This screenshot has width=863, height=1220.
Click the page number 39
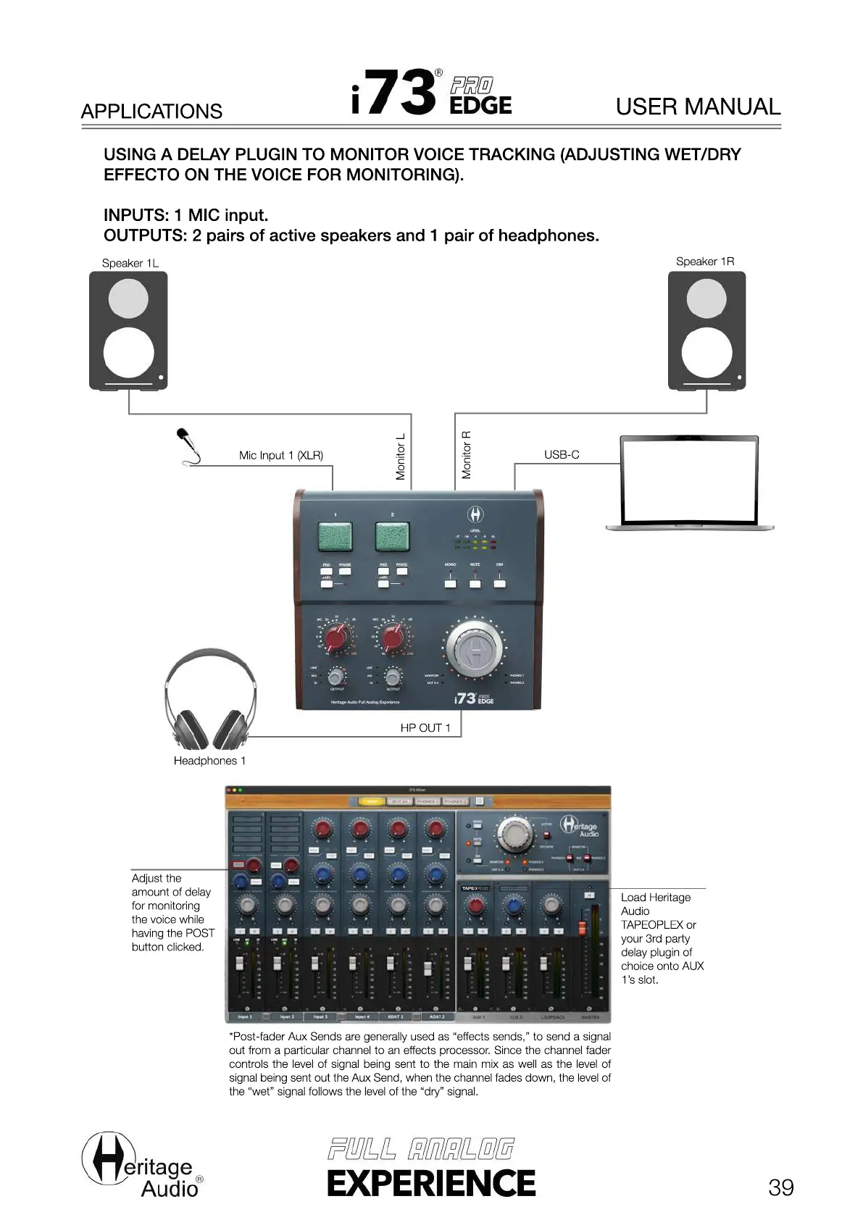(x=780, y=1187)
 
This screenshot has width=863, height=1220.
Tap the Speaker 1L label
(x=130, y=263)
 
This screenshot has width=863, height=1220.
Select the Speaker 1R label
(x=704, y=262)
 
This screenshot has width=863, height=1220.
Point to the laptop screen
(x=690, y=480)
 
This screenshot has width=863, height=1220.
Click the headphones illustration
(x=210, y=700)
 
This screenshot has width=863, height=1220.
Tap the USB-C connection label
(x=562, y=454)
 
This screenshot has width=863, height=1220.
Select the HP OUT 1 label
(x=425, y=727)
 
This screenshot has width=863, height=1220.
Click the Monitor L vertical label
(x=401, y=456)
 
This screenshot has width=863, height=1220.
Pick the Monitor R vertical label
(x=467, y=455)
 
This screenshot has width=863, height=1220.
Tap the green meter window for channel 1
(x=335, y=536)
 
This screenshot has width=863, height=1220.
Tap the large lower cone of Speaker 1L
(x=129, y=353)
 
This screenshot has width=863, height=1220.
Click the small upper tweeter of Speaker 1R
(x=706, y=298)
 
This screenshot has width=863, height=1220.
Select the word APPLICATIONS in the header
(x=151, y=112)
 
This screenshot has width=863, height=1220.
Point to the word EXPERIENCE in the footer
(x=431, y=1183)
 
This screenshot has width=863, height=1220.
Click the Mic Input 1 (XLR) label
(x=281, y=455)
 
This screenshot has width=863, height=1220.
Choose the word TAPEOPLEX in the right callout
(x=651, y=924)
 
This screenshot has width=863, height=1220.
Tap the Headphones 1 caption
(x=209, y=760)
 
